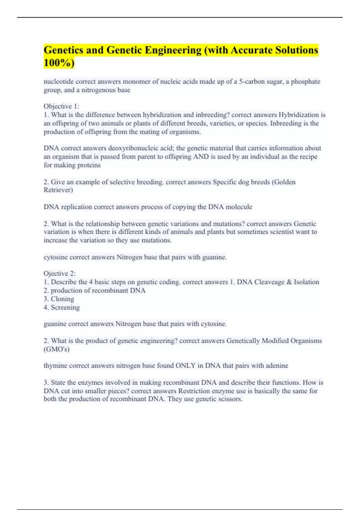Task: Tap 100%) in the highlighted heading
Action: pos(59,63)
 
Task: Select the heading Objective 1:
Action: pos(61,106)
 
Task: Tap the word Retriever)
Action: pos(58,190)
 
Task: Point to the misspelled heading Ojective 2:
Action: pos(59,274)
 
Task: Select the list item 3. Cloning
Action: pos(59,299)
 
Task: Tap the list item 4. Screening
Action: pos(62,307)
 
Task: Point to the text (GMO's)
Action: pos(56,349)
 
